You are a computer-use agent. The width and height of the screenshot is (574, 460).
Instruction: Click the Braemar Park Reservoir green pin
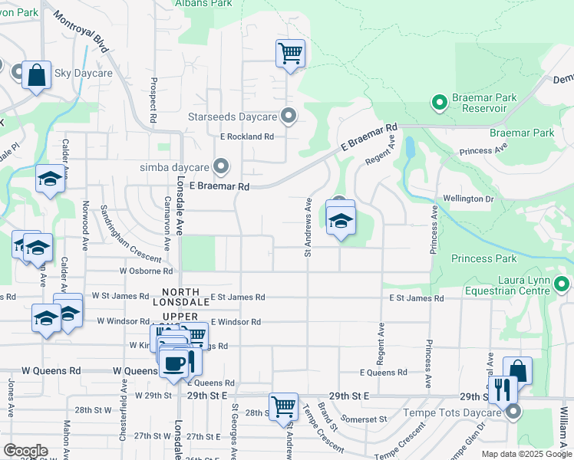pos(439,101)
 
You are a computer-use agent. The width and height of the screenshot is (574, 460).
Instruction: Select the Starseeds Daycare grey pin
pos(289,117)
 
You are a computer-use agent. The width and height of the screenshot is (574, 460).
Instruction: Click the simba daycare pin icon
pos(222,166)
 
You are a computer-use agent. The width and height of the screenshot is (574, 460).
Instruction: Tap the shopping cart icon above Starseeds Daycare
pos(290,54)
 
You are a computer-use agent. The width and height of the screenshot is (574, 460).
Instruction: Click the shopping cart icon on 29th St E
pos(283,406)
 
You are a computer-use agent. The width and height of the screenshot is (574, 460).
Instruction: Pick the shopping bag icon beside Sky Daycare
pos(36,75)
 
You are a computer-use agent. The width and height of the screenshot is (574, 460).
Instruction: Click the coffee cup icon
pos(174,362)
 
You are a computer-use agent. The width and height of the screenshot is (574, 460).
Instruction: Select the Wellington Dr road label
pos(468,199)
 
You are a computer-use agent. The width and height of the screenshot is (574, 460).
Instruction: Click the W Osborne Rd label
pos(146,271)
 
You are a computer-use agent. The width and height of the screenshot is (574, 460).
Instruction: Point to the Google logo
pos(25,451)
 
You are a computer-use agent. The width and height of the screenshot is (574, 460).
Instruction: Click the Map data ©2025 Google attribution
pos(526,454)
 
